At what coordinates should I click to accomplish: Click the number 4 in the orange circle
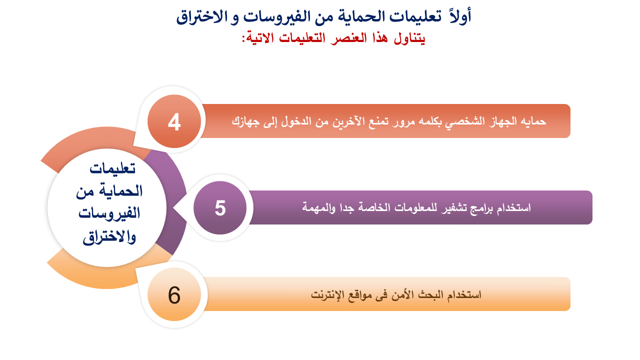pos(174,122)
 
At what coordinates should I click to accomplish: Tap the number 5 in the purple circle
pos(220,208)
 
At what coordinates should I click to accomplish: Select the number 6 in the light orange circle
pos(174,295)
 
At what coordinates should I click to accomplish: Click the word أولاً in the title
pos(460,16)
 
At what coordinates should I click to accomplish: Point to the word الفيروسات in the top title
pos(285,16)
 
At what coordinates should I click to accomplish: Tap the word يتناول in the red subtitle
pos(409,38)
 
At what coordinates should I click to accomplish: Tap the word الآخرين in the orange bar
pos(350,121)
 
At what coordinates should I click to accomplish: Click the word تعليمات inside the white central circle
pos(112,168)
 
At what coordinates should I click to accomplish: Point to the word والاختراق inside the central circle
pos(109,237)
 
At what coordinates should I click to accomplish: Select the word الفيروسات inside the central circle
pos(109,214)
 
